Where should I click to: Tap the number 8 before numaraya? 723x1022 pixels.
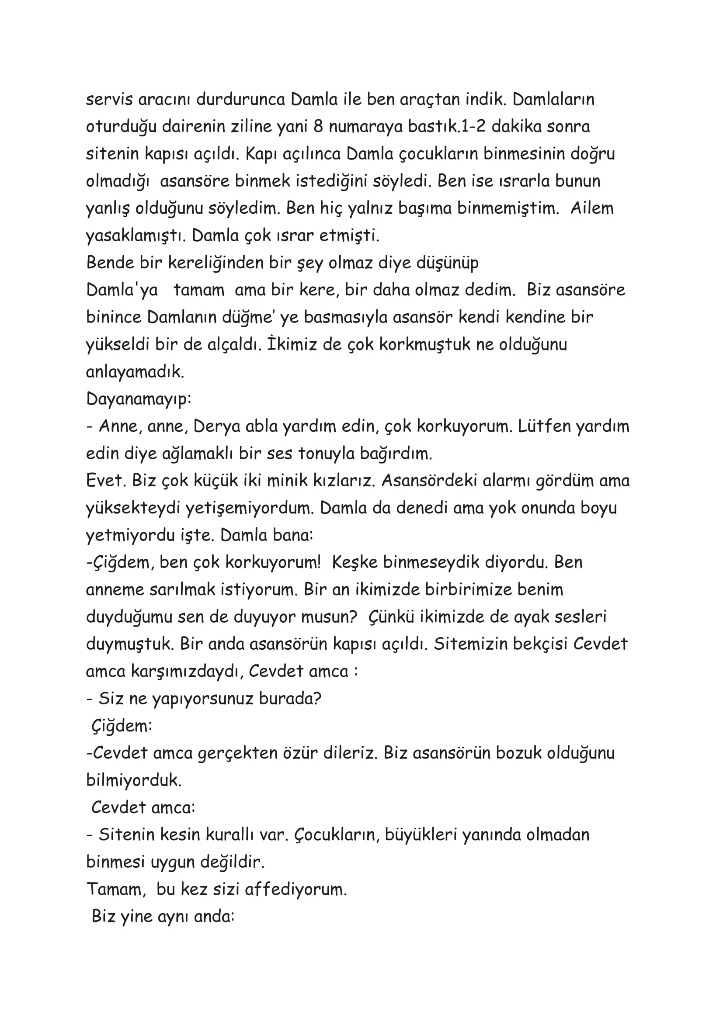pos(318,126)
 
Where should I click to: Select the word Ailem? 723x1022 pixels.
pos(592,208)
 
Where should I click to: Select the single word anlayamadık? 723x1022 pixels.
pos(135,372)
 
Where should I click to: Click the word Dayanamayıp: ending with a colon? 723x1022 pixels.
pos(139,399)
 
